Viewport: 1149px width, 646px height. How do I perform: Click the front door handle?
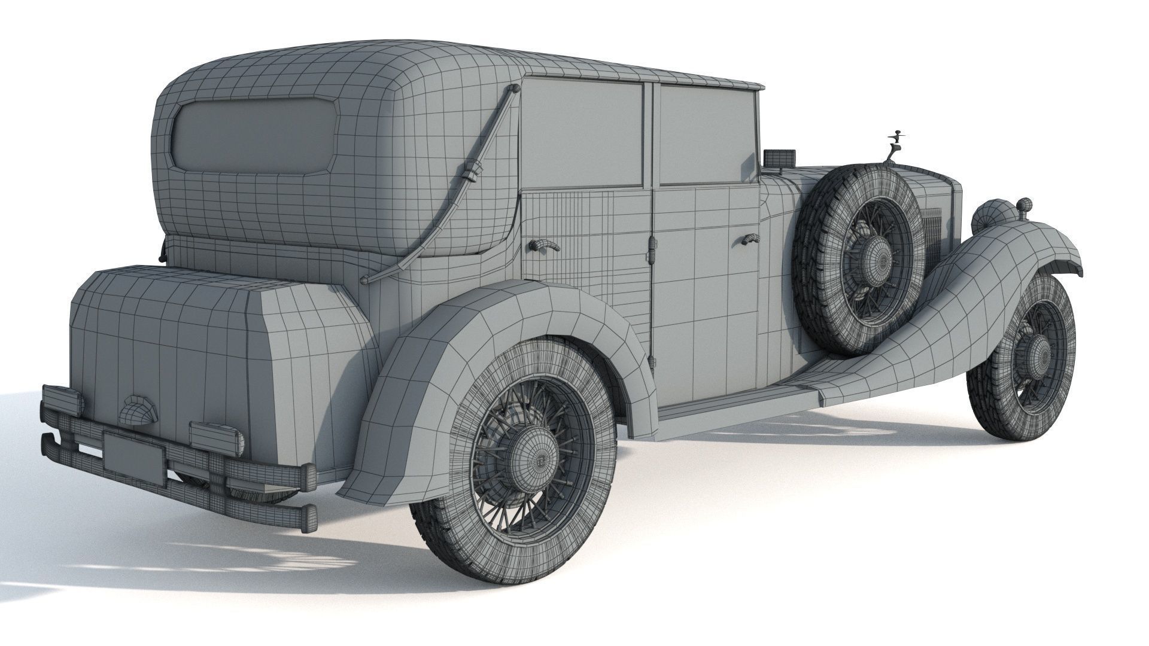[x=747, y=239]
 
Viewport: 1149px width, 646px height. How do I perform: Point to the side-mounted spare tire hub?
[x=875, y=254]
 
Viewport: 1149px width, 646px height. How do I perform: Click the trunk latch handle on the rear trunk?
[x=137, y=409]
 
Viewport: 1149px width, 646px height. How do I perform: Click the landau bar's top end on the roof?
[x=514, y=90]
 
